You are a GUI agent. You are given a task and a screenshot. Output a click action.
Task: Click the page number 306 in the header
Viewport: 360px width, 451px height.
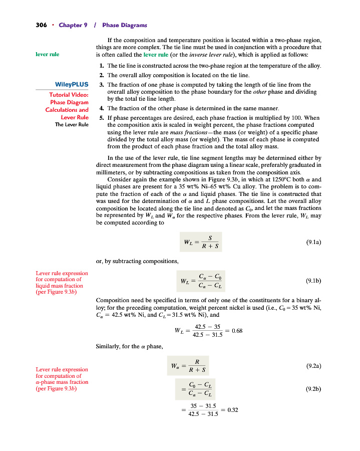[41, 25]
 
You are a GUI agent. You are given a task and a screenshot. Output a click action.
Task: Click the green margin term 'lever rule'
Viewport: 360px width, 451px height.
[47, 54]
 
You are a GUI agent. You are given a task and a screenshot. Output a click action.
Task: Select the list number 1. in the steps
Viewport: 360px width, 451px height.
[102, 66]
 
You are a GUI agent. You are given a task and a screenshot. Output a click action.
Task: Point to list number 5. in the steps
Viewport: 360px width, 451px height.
[102, 118]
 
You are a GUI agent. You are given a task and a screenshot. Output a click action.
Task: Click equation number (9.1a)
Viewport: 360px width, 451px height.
[313, 242]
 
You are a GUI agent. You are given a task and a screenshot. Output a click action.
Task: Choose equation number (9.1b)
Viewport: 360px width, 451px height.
[313, 282]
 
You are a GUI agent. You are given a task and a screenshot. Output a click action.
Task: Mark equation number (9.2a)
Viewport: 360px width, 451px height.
[313, 366]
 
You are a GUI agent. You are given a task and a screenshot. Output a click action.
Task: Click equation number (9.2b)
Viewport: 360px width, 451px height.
[313, 388]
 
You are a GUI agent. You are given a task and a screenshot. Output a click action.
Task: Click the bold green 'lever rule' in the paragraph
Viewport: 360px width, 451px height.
[155, 54]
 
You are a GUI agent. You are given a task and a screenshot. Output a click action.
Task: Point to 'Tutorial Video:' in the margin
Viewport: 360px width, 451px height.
[69, 95]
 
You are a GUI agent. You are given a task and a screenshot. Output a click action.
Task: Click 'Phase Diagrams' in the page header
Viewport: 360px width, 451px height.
[124, 25]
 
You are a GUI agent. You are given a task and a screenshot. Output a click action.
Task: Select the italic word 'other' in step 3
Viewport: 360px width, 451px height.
[260, 92]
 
